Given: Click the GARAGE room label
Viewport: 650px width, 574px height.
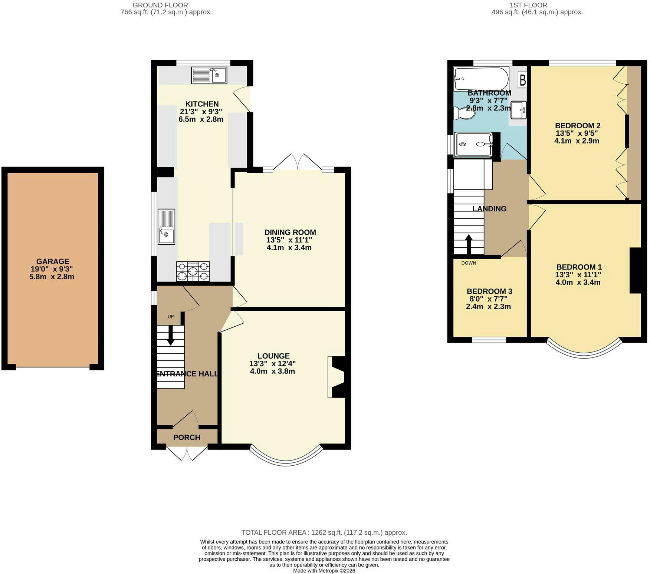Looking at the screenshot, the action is click(53, 261).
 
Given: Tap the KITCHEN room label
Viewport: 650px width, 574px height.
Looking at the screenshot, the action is click(202, 104).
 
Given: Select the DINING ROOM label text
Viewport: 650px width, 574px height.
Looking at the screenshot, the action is click(290, 232).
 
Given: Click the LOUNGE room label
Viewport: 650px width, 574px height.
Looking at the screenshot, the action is click(273, 356).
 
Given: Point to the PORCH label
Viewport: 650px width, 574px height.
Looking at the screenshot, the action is click(187, 438).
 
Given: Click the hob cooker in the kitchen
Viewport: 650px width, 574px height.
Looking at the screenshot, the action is click(193, 271).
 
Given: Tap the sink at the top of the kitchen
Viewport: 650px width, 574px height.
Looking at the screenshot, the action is click(209, 75).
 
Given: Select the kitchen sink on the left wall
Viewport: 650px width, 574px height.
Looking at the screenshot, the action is click(166, 227).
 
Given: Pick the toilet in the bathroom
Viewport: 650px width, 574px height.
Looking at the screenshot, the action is click(463, 113).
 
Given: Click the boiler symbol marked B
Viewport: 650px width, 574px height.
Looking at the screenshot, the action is click(522, 80).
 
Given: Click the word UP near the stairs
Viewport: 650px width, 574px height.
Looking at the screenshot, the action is click(171, 317).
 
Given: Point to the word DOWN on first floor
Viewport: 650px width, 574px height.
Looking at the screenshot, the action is click(469, 263).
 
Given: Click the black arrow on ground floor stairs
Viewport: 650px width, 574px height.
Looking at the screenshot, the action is click(171, 336).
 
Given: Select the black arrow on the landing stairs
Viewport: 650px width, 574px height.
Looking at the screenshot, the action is click(469, 244).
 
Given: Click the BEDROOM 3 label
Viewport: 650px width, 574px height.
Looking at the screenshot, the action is click(489, 291).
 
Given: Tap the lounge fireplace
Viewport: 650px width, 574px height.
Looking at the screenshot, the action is click(337, 377).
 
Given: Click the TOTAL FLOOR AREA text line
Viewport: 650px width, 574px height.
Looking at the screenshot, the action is click(324, 532).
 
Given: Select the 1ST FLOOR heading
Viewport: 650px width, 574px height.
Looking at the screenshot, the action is click(528, 5).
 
